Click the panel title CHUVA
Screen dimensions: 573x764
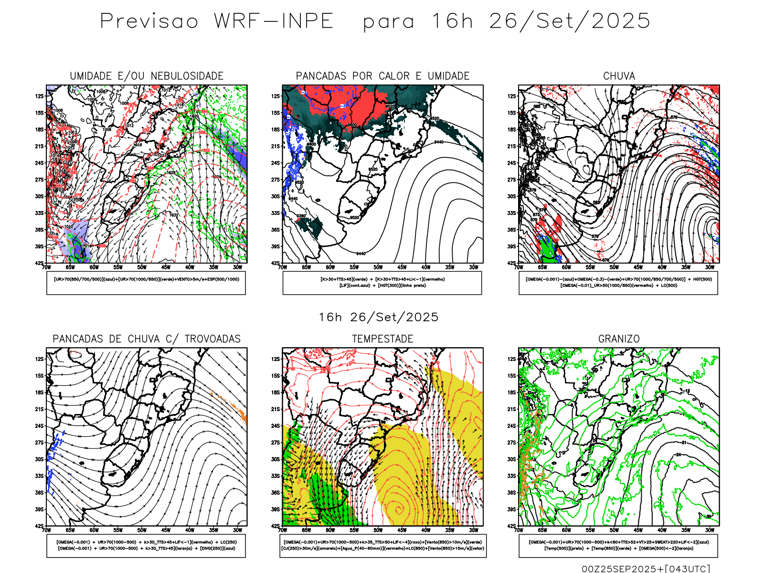coord(619,76)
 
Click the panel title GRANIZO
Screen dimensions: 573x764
coord(619,339)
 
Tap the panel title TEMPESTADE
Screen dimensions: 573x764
coord(382,339)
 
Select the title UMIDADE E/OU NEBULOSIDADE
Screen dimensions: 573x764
coord(147,76)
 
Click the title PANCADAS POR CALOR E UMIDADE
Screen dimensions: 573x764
coord(382,76)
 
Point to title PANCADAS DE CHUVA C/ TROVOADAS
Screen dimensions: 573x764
coord(147,339)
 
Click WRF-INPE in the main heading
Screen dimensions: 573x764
coord(274,21)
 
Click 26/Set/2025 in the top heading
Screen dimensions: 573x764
coord(570,21)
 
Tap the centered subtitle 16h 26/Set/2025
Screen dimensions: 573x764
coord(379,317)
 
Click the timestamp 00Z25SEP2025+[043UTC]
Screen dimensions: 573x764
coord(646,569)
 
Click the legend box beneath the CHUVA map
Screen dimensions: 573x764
coord(618,283)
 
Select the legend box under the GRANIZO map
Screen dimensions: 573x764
coord(618,545)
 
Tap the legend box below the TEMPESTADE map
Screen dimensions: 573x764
coord(382,545)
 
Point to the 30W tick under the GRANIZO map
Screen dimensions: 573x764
coord(710,530)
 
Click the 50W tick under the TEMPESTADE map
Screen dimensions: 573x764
coord(378,530)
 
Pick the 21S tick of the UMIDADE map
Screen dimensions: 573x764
coord(39,147)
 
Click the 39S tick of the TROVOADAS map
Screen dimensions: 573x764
coord(39,509)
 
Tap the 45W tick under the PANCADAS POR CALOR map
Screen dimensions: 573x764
coord(402,267)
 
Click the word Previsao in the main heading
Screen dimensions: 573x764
coord(149,21)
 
